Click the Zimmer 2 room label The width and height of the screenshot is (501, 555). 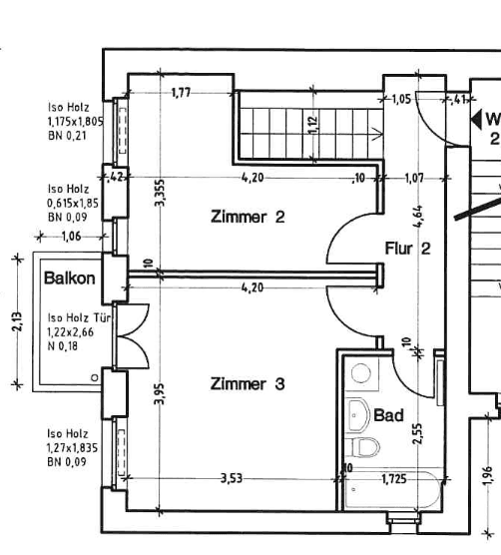(248, 217)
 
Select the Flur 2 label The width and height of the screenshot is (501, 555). (407, 248)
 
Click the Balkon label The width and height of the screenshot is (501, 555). (69, 278)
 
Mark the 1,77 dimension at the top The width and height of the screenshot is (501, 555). (182, 94)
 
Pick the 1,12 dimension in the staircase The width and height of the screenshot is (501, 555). (312, 124)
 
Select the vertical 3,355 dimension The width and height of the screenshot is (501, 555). (160, 193)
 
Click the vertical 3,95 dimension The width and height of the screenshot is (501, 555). (160, 395)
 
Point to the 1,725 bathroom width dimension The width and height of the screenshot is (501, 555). (394, 480)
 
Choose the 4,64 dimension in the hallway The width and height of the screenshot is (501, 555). (418, 217)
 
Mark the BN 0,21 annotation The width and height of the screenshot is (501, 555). (67, 133)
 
